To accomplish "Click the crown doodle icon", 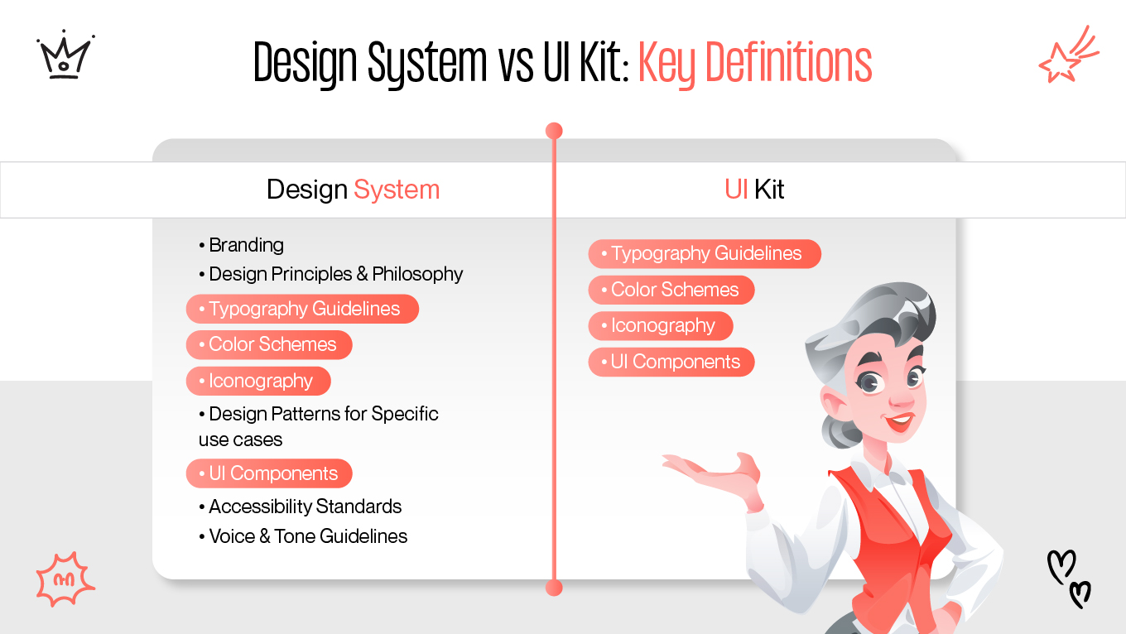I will (x=65, y=56).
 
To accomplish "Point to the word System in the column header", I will (x=397, y=190).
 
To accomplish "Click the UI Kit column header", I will (x=754, y=190).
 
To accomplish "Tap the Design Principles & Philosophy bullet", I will (x=331, y=274).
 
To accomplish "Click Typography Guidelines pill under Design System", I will (x=302, y=309).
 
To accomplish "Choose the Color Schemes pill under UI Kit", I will (x=671, y=290).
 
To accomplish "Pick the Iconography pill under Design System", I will (x=258, y=381).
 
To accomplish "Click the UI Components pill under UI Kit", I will (x=671, y=362).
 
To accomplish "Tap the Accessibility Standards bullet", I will (x=301, y=507).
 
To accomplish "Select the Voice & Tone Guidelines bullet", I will (x=304, y=536).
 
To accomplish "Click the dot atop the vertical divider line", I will (x=555, y=131).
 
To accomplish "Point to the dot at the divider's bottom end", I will (x=555, y=588).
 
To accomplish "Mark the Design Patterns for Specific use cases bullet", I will (x=319, y=426).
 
